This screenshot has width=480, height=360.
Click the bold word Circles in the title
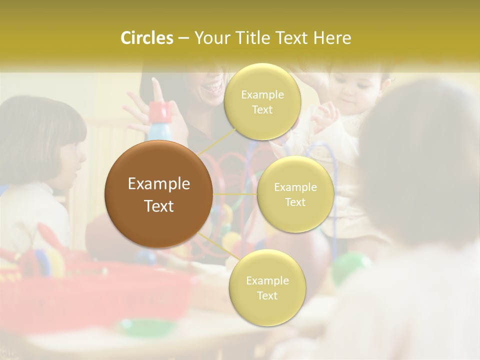[146, 38]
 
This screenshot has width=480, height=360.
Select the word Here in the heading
[332, 38]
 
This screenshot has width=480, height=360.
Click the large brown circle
[158, 194]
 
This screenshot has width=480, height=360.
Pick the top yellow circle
[262, 102]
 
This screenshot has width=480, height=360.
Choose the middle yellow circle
[295, 194]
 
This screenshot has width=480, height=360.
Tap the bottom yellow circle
[267, 288]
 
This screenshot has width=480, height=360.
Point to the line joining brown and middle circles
[234, 194]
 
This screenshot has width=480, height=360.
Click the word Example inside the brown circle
[158, 184]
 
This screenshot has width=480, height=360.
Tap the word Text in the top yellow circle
[262, 110]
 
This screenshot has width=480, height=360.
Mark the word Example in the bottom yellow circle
[267, 280]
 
